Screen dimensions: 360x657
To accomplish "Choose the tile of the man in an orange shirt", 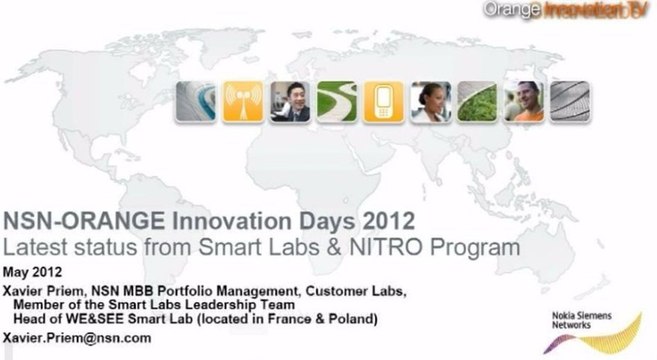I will (x=522, y=100).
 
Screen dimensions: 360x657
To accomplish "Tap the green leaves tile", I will (x=476, y=100).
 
